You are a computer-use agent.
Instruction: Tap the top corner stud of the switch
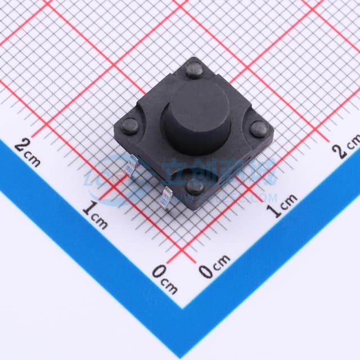[x=195, y=70]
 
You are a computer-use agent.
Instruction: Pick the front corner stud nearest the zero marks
[x=195, y=187]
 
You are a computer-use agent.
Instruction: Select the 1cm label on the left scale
[x=94, y=214]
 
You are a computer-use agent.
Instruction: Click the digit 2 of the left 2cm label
[x=21, y=147]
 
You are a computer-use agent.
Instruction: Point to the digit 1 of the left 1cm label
[x=88, y=209]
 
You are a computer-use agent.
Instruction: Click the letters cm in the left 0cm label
[x=169, y=285]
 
